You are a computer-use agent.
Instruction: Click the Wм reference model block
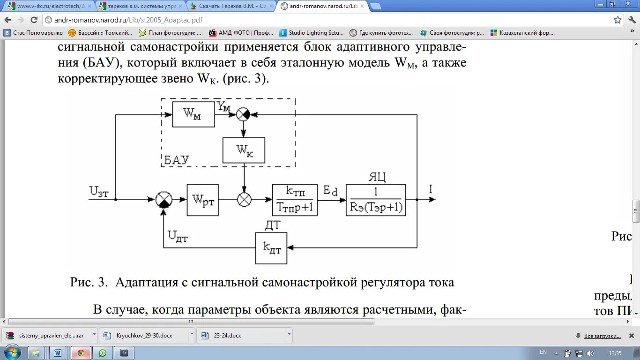[x=193, y=114]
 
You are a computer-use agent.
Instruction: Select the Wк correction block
[x=244, y=150]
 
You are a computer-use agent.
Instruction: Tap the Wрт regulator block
[x=202, y=200]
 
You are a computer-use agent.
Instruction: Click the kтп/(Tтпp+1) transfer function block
[x=294, y=200]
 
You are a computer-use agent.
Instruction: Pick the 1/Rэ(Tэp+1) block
[x=376, y=200]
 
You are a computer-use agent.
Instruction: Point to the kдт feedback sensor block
[x=271, y=248]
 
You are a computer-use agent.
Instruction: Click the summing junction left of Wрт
[x=164, y=200]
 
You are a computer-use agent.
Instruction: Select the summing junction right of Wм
[x=243, y=114]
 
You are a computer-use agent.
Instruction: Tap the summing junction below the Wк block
[x=244, y=200]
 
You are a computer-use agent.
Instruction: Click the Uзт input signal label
[x=99, y=192]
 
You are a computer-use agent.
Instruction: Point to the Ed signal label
[x=330, y=190]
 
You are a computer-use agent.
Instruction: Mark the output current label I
[x=431, y=189]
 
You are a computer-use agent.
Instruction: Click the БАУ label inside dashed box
[x=177, y=160]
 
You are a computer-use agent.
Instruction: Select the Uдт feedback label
[x=178, y=237]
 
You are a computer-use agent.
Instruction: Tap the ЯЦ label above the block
[x=377, y=177]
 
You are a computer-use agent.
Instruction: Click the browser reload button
[x=34, y=20]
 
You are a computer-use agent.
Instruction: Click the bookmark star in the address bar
[x=618, y=20]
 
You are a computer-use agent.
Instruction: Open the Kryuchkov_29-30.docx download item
[x=144, y=336]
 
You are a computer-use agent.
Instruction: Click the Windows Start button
[x=12, y=352]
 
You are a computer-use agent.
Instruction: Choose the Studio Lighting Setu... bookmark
[x=312, y=33]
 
